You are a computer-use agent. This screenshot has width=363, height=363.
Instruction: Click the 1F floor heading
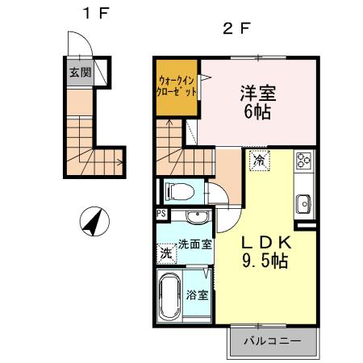tap(96, 13)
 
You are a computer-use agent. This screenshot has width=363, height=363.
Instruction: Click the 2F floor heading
tap(236, 28)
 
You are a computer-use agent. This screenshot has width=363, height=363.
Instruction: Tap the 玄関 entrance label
tap(80, 73)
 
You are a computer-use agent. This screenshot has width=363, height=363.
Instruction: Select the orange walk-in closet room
tap(177, 88)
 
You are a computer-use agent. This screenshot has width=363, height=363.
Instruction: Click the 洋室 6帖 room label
tap(257, 102)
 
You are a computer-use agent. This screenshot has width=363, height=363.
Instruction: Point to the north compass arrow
tap(94, 222)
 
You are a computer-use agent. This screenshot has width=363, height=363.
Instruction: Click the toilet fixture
tap(180, 191)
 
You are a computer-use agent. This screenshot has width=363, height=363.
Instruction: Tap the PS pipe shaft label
tap(161, 214)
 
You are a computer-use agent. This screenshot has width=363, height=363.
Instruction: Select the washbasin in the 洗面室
tap(198, 216)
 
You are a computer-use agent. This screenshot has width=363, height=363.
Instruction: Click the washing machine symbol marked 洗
tap(166, 253)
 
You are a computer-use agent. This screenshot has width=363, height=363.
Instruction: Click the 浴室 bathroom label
tap(198, 295)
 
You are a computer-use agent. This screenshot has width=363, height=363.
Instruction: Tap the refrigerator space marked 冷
tap(260, 161)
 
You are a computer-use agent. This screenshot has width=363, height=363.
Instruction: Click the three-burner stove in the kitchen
tap(304, 160)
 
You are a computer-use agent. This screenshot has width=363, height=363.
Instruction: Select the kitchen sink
tap(304, 204)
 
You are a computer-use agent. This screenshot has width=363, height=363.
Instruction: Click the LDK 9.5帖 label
tap(265, 252)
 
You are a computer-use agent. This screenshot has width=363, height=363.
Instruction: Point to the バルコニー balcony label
tap(273, 341)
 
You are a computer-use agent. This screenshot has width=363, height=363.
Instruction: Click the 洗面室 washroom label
tap(195, 244)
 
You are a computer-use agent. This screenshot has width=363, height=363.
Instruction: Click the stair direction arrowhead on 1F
tap(120, 162)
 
